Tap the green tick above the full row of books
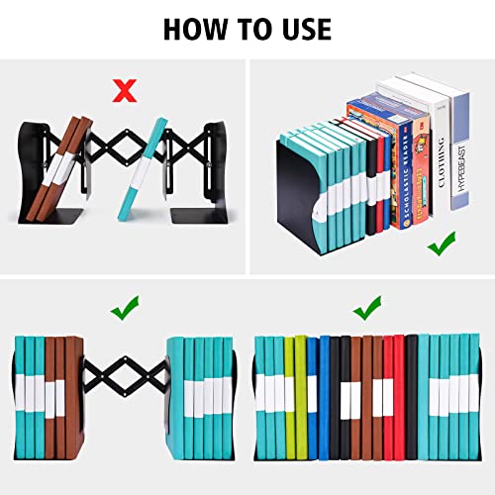pos(367,310)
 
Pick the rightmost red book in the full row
pos(399,396)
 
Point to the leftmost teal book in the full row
pos(263,396)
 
